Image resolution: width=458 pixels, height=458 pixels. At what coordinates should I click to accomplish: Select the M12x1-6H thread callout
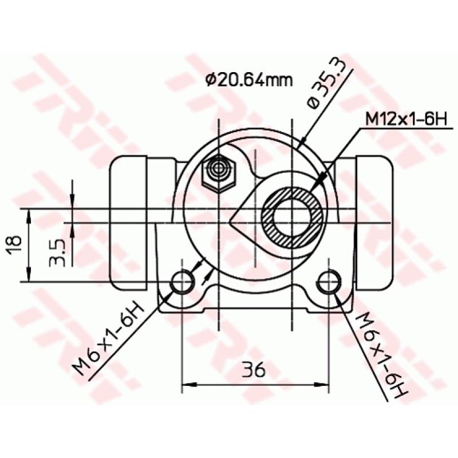pos(405,119)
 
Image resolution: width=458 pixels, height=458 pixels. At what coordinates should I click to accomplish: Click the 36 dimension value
pos(253,370)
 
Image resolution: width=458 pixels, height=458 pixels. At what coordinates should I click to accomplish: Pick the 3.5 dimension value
pos(58,252)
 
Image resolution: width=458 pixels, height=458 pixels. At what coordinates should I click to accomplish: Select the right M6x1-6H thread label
pos(380,355)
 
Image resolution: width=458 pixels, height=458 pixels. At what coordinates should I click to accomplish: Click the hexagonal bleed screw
pos(219,171)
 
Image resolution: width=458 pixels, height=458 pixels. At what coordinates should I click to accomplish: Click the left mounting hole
pos(184,281)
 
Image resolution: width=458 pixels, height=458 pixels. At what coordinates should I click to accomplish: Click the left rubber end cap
pos(128,223)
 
